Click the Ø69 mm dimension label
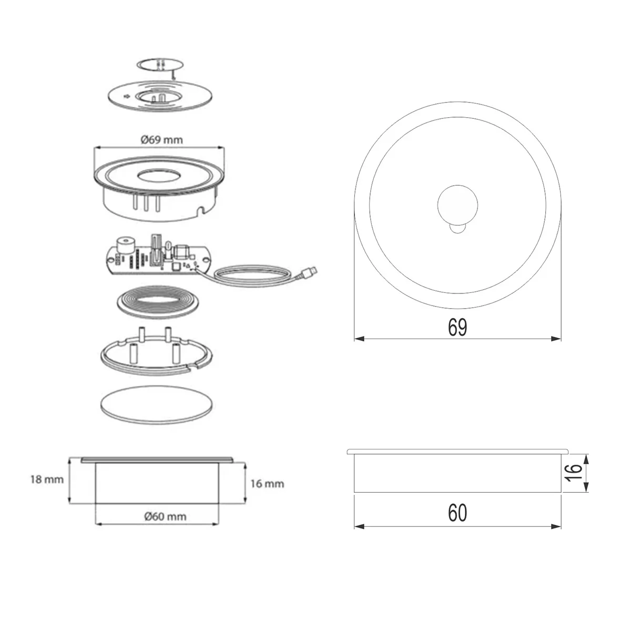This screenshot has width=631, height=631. (x=162, y=140)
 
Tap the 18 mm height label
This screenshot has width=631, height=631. (x=47, y=480)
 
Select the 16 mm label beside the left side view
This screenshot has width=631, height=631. (x=267, y=484)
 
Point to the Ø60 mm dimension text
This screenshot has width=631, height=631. (x=165, y=516)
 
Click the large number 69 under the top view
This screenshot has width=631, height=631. (x=457, y=327)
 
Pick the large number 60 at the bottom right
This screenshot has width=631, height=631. (x=457, y=513)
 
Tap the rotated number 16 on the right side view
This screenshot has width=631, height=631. (x=573, y=473)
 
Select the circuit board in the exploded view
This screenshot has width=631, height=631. (x=158, y=256)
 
